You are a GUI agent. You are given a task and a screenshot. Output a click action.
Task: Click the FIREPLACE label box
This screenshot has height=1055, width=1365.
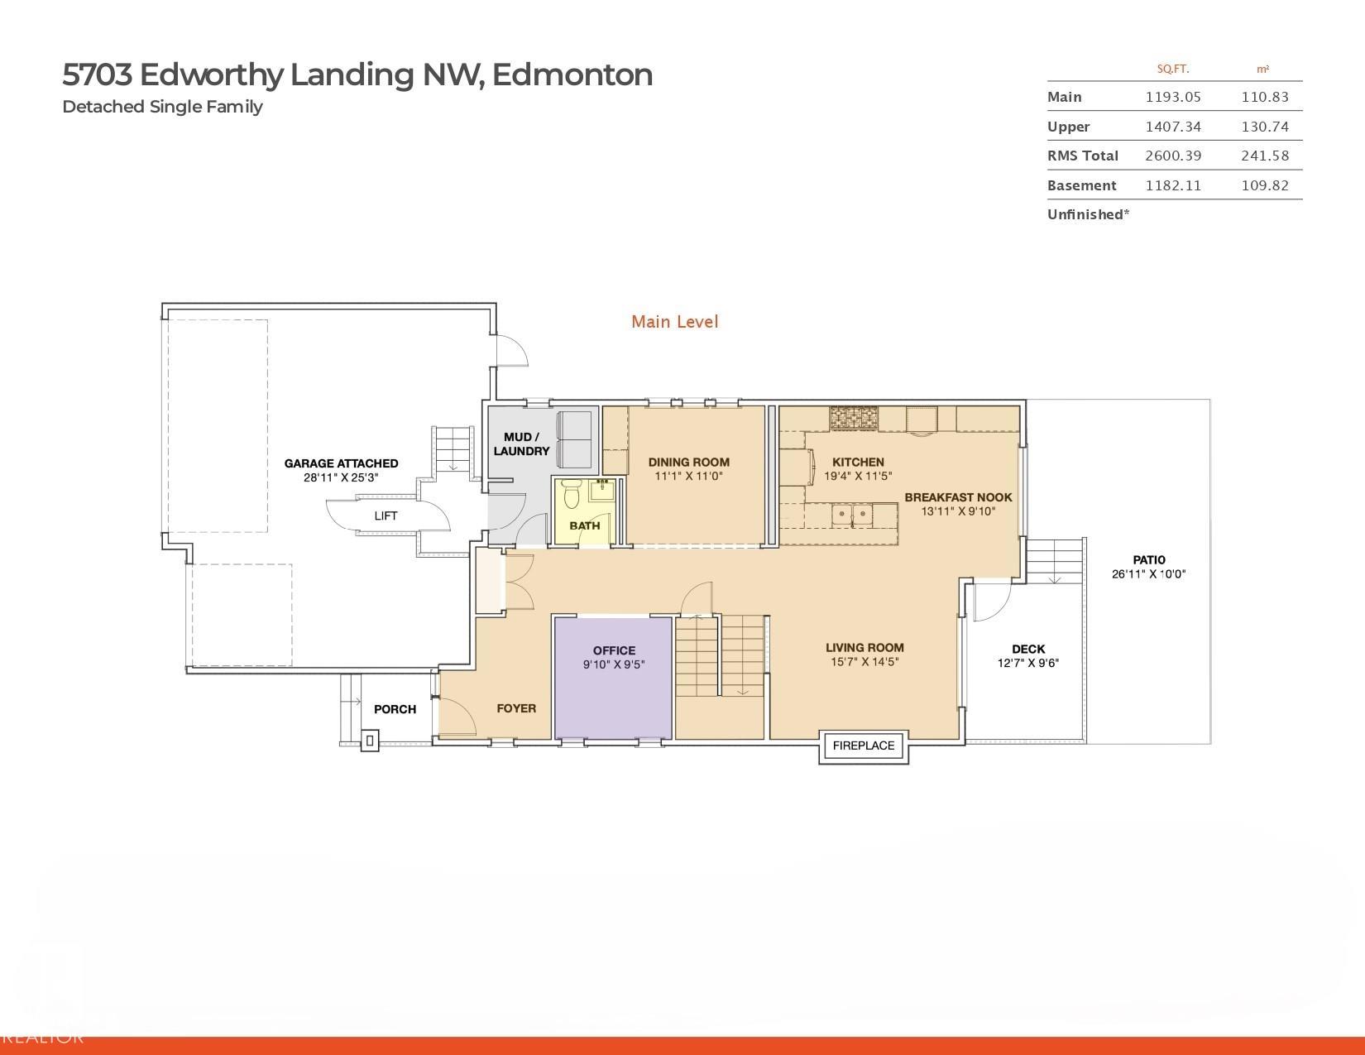[864, 746]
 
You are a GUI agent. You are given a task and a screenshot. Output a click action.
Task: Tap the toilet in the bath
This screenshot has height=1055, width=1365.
[571, 496]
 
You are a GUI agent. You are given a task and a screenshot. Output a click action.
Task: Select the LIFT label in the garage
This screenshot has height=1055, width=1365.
[386, 516]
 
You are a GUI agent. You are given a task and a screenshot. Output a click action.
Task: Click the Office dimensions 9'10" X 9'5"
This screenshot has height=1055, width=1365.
[614, 664]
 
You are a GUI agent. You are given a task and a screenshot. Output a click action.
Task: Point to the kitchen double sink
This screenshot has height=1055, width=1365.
[851, 515]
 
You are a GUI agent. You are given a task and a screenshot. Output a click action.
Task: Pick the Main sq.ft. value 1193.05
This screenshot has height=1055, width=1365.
[1172, 97]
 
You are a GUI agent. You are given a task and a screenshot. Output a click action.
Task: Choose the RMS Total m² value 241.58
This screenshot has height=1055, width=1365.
[1264, 156]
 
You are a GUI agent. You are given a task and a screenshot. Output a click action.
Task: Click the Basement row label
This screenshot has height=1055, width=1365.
[1081, 185]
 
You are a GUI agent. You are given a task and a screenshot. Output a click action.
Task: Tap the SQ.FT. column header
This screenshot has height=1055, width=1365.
[1172, 70]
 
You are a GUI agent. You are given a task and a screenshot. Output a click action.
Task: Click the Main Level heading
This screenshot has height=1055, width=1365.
[674, 322]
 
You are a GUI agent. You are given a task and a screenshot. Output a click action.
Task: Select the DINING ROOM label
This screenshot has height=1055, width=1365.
[688, 463]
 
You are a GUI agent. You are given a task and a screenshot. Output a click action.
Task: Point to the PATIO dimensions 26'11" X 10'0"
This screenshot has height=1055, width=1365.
[1148, 574]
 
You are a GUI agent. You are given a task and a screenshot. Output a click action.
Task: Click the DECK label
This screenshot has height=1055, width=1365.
[1027, 649]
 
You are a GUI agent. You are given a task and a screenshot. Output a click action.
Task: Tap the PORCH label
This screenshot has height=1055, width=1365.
[395, 709]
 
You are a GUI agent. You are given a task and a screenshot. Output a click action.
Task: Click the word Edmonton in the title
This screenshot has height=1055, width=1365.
[573, 74]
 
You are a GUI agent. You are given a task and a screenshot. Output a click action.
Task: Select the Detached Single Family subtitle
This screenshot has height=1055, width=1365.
[162, 107]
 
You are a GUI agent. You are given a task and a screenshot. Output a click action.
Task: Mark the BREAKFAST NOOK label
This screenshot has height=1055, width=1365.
[958, 497]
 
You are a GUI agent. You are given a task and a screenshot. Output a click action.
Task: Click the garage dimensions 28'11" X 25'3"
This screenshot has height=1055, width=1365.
[341, 477]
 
